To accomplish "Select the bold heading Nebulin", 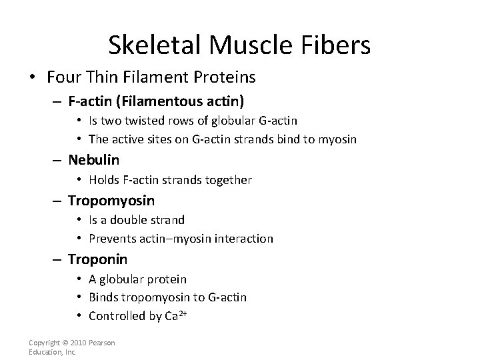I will tap(93, 160).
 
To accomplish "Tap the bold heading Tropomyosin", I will tap(111, 200).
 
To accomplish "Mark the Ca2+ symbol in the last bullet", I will tap(173, 315).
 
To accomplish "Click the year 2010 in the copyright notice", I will tap(81, 343).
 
